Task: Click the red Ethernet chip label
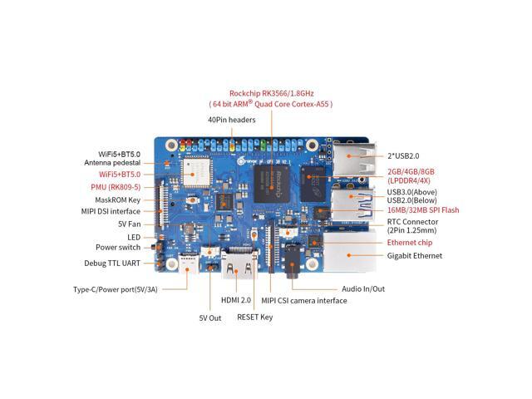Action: pyautogui.click(x=410, y=242)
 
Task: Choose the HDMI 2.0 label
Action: pyautogui.click(x=237, y=299)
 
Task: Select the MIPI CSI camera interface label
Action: pyautogui.click(x=303, y=299)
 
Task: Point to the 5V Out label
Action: pyautogui.click(x=209, y=318)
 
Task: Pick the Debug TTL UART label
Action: pyautogui.click(x=112, y=263)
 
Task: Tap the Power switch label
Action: pyautogui.click(x=118, y=247)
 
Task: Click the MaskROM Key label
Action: pyautogui.click(x=117, y=199)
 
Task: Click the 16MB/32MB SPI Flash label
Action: pyautogui.click(x=422, y=210)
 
